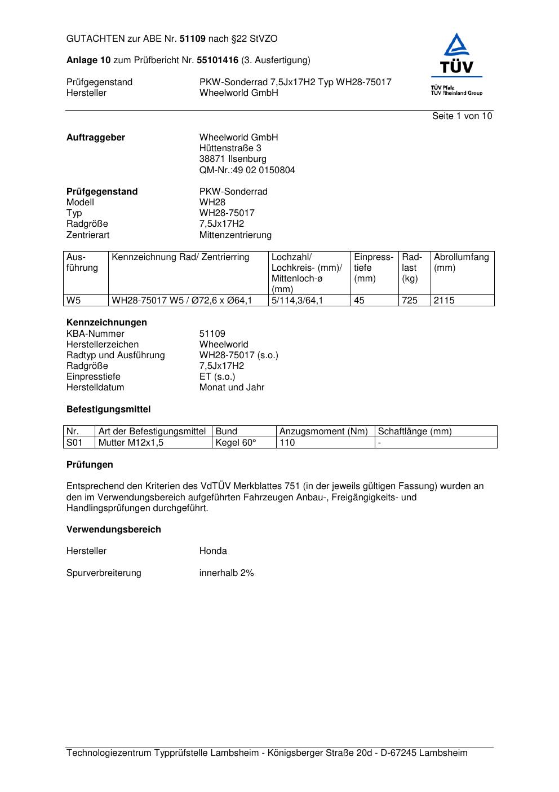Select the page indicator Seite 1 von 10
click(462, 116)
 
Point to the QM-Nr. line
click(247, 170)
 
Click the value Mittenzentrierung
click(235, 235)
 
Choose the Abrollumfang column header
click(461, 262)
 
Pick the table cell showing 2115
click(444, 301)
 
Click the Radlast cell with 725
click(410, 301)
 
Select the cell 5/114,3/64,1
click(297, 301)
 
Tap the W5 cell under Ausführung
click(74, 301)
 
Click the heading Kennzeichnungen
click(107, 323)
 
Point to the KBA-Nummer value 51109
click(212, 334)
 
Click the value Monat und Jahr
click(232, 388)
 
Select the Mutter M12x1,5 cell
click(131, 443)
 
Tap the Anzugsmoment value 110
click(287, 443)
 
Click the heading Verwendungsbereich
click(113, 530)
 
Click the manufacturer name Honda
click(213, 551)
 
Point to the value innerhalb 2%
click(227, 573)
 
